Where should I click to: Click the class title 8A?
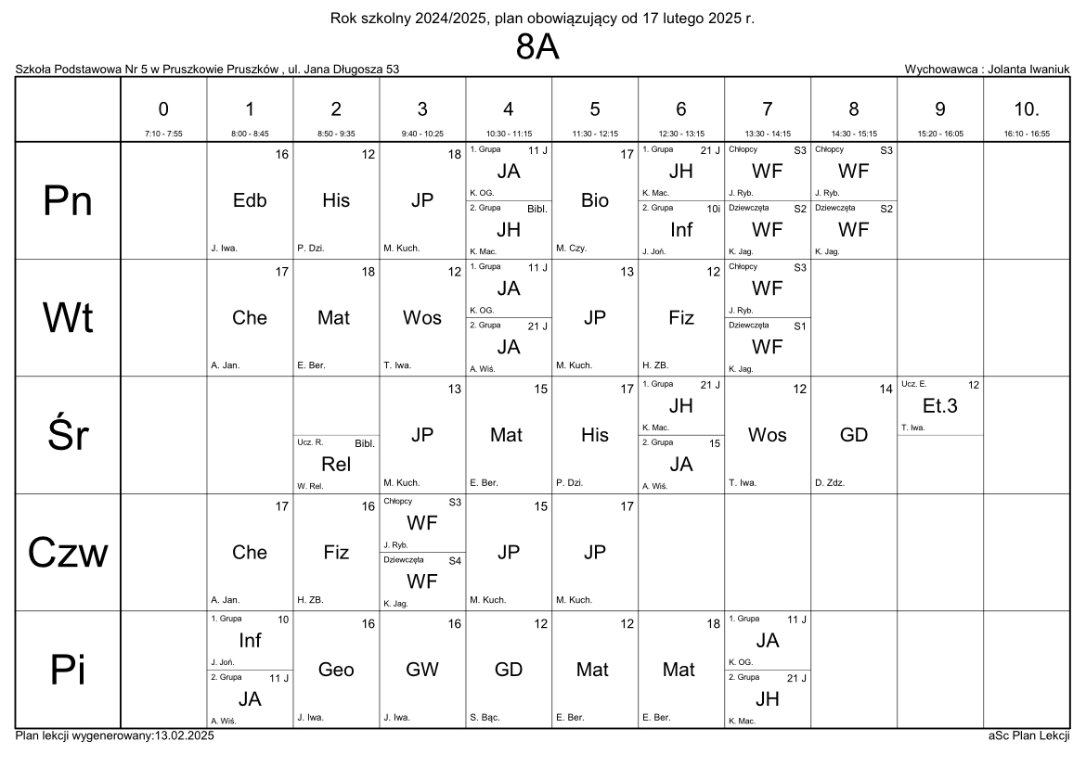point(537,49)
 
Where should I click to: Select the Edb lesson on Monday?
point(250,200)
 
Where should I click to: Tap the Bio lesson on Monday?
point(595,200)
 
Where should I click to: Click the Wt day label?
point(69,318)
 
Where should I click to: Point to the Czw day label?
point(69,553)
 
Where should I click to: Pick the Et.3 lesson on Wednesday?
point(939,405)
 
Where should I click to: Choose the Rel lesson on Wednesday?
point(336,465)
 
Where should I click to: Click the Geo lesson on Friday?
point(336,670)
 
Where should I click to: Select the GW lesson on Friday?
point(422,670)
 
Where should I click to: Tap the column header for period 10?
point(1026,109)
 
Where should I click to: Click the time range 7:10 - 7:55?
point(163,134)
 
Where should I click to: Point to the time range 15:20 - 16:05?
point(939,134)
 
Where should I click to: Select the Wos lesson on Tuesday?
point(422,318)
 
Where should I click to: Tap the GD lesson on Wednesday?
point(853,435)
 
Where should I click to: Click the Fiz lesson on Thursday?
point(336,553)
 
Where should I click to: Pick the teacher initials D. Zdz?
point(829,482)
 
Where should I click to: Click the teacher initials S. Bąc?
point(485,717)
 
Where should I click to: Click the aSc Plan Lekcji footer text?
point(1029,735)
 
